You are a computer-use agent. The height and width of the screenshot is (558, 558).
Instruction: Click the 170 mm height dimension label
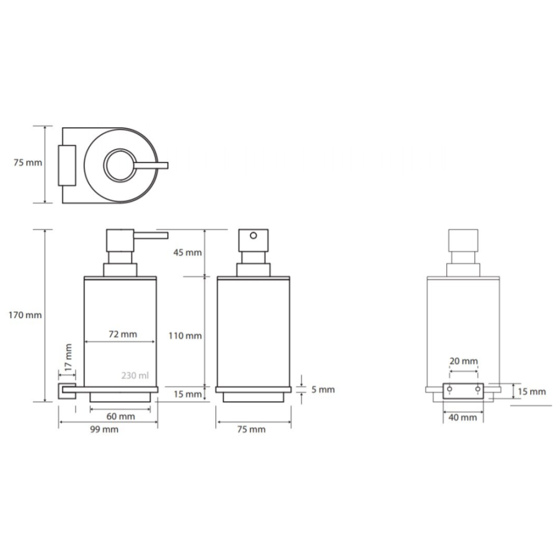(25, 315)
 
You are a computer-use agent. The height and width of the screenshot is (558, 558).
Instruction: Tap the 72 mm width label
(123, 334)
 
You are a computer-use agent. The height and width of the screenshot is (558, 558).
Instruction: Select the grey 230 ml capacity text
(135, 376)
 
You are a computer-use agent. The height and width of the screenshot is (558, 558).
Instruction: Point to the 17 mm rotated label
(68, 356)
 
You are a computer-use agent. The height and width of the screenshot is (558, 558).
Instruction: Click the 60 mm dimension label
(121, 417)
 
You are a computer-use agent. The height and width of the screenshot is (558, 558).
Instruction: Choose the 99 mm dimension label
(104, 430)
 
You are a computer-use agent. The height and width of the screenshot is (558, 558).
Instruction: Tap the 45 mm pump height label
(187, 253)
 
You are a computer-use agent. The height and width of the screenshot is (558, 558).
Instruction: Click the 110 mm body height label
(185, 335)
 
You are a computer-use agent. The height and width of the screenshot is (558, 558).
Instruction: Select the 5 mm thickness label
(323, 390)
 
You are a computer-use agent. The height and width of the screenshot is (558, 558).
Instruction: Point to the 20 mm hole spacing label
(464, 361)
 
